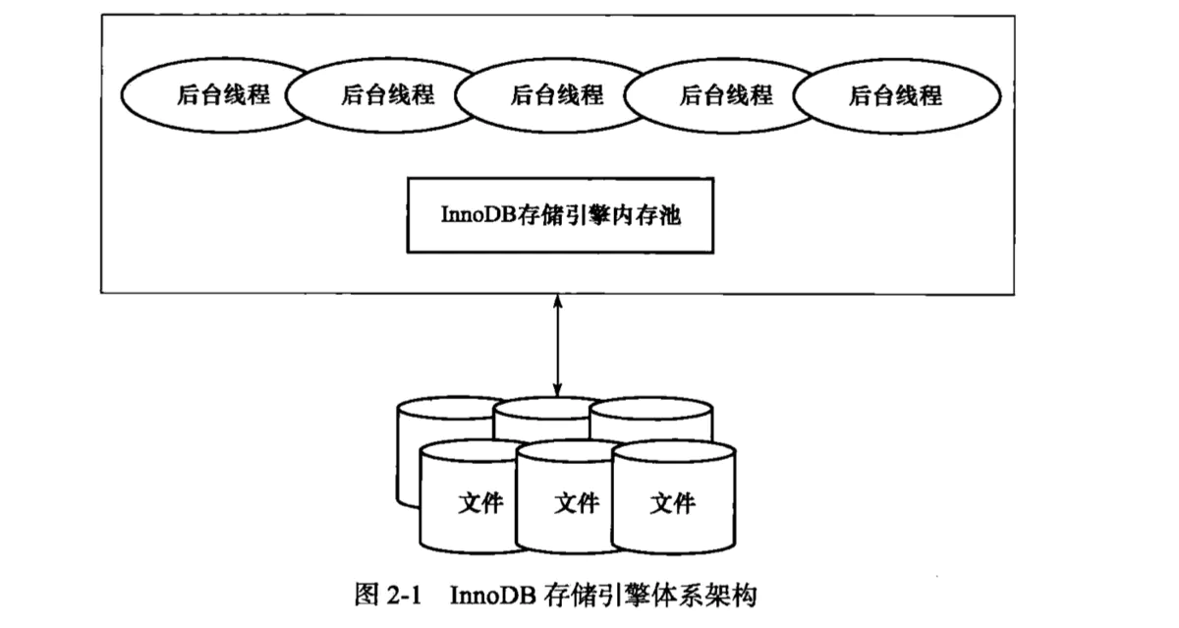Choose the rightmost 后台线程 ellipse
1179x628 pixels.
pyautogui.click(x=895, y=95)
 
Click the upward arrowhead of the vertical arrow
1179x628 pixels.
pyautogui.click(x=558, y=301)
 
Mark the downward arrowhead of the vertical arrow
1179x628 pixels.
pyautogui.click(x=558, y=392)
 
